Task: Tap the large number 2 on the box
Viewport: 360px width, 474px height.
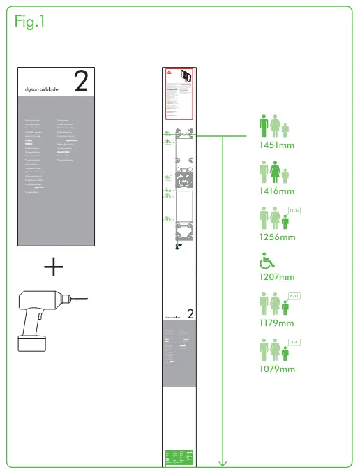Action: coord(80,82)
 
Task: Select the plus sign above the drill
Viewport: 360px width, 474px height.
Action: coord(54,267)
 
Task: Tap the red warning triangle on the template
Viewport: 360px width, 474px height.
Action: coord(169,74)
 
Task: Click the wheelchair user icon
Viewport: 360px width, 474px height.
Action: coord(267,261)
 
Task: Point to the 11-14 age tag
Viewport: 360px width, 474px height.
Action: coord(294,210)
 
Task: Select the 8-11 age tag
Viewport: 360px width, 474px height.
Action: coord(294,297)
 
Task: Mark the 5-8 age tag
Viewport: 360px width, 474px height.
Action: coord(294,341)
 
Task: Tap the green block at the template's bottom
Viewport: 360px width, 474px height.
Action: coord(179,457)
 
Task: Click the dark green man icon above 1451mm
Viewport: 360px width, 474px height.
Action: coord(264,126)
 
